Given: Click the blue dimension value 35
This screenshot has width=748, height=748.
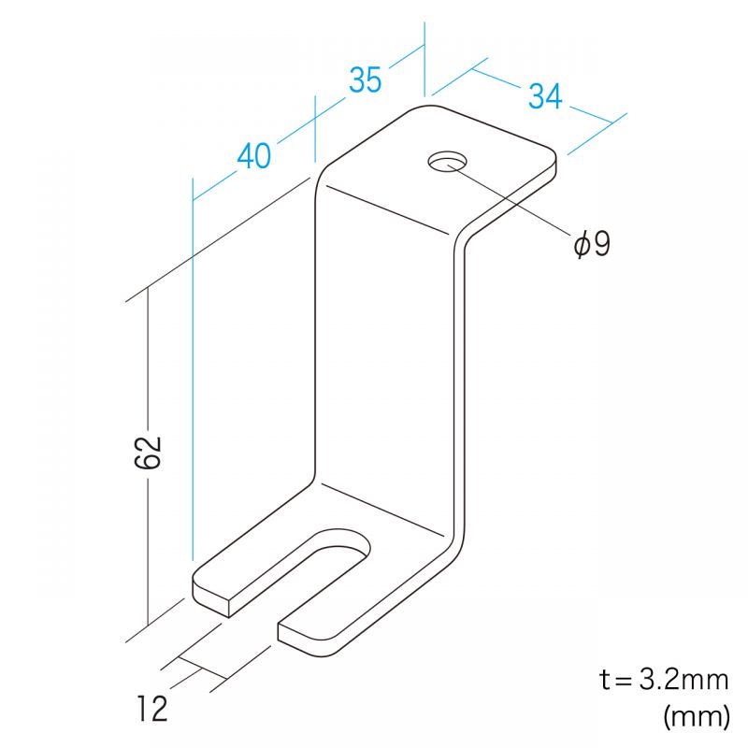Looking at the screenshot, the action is point(366,79).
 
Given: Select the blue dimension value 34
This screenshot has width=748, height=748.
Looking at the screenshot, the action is point(545,96).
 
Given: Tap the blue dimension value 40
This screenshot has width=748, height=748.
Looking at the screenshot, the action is point(253,155).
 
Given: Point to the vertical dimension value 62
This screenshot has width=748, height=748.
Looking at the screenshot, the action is point(148,452).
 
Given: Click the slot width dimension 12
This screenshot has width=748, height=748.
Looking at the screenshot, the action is point(152,709).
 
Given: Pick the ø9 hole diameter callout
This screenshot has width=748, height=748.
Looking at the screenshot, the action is point(592,244).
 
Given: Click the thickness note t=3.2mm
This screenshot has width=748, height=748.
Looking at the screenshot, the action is point(664,679).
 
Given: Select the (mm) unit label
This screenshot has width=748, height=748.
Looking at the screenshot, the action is point(696,715).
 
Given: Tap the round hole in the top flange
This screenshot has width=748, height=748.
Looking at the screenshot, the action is point(448,162).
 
